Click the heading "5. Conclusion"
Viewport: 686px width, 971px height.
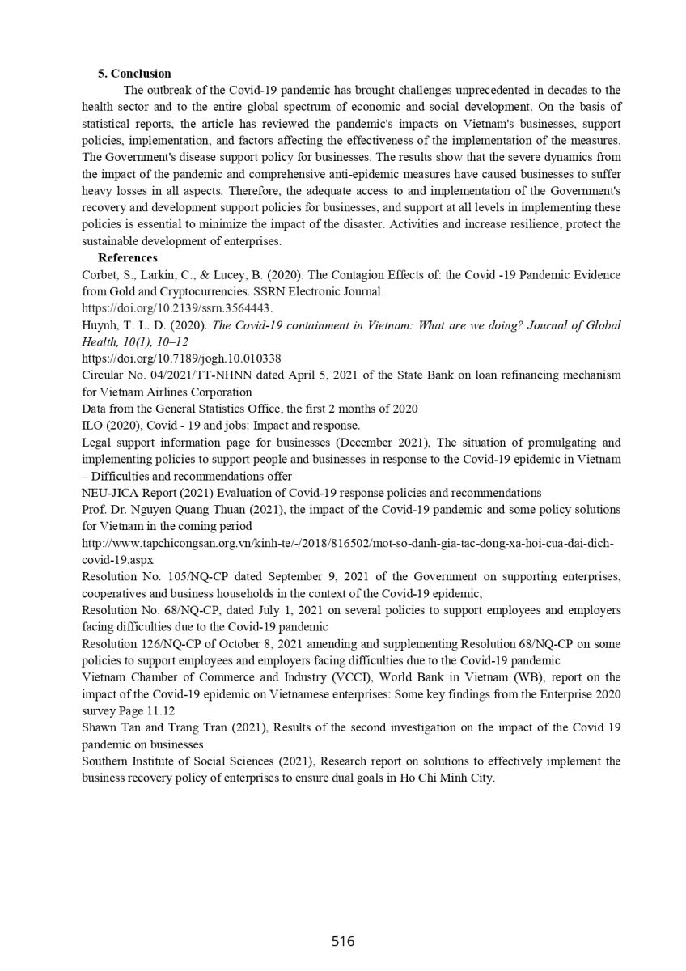click(x=134, y=74)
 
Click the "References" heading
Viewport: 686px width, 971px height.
click(x=127, y=258)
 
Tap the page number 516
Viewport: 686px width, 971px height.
click(x=343, y=941)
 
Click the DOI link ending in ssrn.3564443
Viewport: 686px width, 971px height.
click(x=177, y=308)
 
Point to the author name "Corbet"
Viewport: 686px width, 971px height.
click(x=100, y=275)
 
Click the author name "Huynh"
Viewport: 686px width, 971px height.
click(x=100, y=325)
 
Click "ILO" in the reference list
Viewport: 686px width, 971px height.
click(x=93, y=426)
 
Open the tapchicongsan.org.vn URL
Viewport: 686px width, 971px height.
click(x=348, y=543)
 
